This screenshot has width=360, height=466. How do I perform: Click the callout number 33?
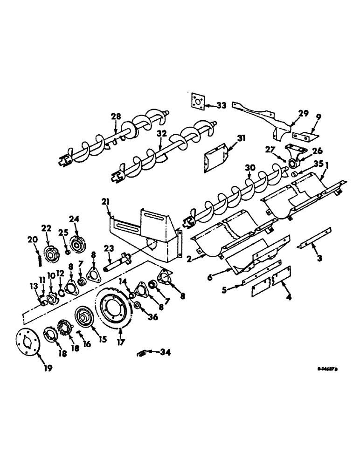[x=221, y=105]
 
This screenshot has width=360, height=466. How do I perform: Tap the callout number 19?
[x=48, y=368]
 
